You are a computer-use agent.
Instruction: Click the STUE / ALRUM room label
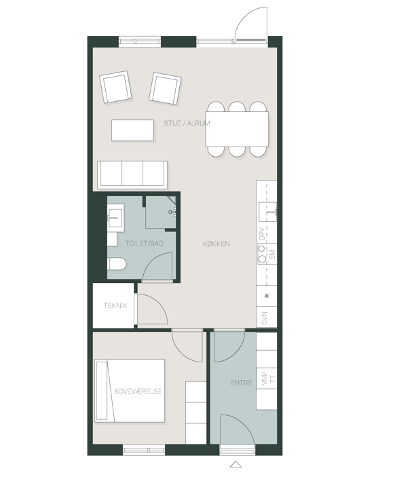(x=187, y=123)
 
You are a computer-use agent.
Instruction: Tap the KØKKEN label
(x=216, y=244)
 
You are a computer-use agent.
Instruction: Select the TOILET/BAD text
(x=144, y=244)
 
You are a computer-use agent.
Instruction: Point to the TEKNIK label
(x=115, y=305)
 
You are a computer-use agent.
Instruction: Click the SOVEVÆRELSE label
(x=138, y=391)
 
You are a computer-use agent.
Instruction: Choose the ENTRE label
(x=241, y=383)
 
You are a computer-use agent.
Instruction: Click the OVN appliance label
(x=264, y=318)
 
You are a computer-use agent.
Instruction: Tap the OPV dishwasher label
(x=262, y=233)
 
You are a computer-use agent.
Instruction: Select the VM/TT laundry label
(x=268, y=379)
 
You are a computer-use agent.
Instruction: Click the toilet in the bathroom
(x=117, y=264)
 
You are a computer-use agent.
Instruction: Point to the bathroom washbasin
(x=115, y=216)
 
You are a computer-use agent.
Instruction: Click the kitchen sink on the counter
(x=267, y=212)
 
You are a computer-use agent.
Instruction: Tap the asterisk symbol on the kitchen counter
(x=267, y=296)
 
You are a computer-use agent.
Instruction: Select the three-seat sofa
(x=132, y=174)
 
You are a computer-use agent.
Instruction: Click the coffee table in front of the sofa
(x=132, y=130)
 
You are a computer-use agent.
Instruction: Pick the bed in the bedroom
(x=130, y=391)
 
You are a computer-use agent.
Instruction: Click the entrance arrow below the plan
(x=235, y=464)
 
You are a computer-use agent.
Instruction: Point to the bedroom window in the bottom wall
(x=144, y=450)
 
